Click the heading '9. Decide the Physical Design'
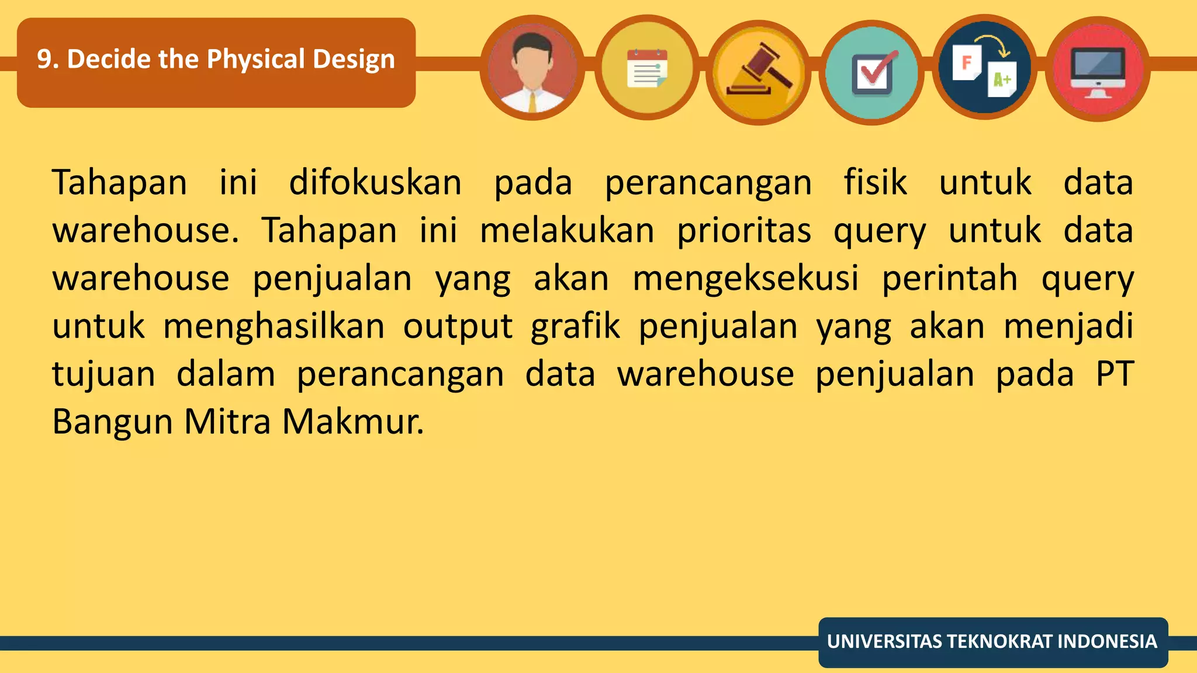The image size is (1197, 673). click(x=216, y=60)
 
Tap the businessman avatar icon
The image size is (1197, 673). click(x=532, y=68)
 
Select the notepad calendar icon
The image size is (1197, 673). click(x=646, y=68)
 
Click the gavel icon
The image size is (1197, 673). click(x=759, y=71)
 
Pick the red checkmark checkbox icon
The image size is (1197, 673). click(x=872, y=72)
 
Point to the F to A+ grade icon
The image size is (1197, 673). click(x=984, y=68)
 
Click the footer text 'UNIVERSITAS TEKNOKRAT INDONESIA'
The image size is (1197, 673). click(x=992, y=641)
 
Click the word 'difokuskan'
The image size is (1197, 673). click(x=375, y=182)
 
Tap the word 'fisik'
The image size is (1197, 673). click(x=875, y=182)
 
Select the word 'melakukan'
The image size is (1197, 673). click(x=566, y=230)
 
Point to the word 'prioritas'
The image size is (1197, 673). click(x=744, y=230)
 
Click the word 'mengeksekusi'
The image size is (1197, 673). click(x=745, y=278)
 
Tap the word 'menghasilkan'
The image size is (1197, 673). click(x=274, y=326)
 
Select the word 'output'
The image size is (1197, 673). click(x=458, y=326)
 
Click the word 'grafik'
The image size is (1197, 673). click(x=575, y=326)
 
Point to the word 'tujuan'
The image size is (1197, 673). click(x=103, y=374)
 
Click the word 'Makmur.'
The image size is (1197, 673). click(x=353, y=422)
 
